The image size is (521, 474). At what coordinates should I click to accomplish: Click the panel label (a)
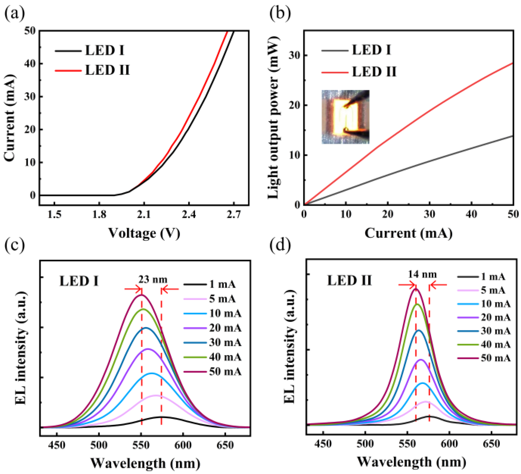pyautogui.click(x=14, y=14)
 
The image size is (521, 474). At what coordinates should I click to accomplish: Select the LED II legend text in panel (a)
pyautogui.click(x=107, y=70)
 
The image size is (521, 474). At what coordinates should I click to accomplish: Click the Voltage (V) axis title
pyautogui.click(x=144, y=233)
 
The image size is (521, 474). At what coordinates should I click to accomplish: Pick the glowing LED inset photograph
pyautogui.click(x=345, y=117)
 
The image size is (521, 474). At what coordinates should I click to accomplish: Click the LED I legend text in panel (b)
pyautogui.click(x=371, y=50)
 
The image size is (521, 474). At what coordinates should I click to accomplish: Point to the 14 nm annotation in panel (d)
pyautogui.click(x=422, y=274)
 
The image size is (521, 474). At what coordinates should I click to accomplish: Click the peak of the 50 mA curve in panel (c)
pyautogui.click(x=141, y=295)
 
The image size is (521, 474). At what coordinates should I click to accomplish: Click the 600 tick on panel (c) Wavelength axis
pyautogui.click(x=183, y=445)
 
